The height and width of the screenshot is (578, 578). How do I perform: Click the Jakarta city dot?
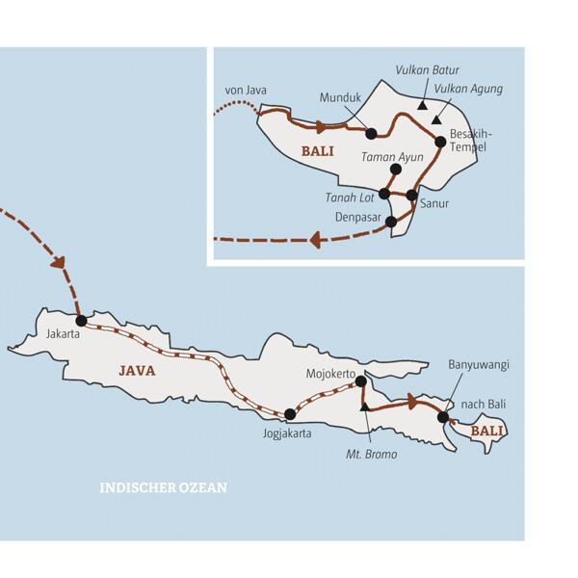tap(81, 320)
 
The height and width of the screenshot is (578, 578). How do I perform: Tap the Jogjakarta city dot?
tap(289, 414)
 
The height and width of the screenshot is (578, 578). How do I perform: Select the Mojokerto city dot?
tap(360, 381)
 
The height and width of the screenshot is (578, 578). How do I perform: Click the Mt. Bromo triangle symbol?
tap(364, 407)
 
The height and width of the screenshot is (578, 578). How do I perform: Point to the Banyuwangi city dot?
tap(443, 417)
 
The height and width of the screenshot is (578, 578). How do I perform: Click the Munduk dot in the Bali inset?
tap(372, 134)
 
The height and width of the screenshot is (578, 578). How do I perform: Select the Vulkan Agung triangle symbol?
tap(435, 120)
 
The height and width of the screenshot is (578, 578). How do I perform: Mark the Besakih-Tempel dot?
tap(441, 142)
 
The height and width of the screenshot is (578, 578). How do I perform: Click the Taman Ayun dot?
tap(394, 170)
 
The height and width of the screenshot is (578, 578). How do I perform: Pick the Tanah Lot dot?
tap(384, 194)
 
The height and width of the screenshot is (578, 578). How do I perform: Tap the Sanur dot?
tap(412, 196)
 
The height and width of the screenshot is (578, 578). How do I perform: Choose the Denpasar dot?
tap(390, 222)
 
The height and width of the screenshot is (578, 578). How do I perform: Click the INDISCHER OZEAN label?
tap(163, 487)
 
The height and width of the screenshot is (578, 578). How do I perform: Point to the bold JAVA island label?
tap(136, 369)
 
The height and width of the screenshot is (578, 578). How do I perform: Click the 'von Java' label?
tap(245, 91)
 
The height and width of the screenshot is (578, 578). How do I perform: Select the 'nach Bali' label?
tap(484, 404)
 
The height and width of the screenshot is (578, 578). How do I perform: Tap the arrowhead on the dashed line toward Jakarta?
tap(60, 262)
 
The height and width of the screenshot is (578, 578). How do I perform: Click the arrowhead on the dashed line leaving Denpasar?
tap(315, 239)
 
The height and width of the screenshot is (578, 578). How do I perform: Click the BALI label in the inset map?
tap(317, 151)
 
